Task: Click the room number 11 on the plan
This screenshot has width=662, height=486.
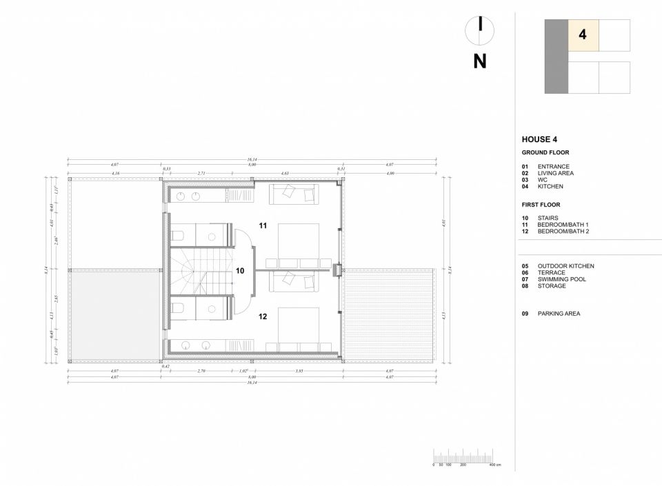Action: [x=263, y=225]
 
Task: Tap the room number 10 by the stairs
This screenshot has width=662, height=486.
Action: [x=240, y=271]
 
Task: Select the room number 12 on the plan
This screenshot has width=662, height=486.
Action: [x=263, y=316]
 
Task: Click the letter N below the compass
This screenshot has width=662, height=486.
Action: [x=480, y=61]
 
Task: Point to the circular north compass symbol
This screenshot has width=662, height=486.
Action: [x=480, y=28]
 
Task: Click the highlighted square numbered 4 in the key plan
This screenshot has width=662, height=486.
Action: [x=583, y=35]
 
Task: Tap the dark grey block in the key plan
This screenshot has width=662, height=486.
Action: [x=556, y=57]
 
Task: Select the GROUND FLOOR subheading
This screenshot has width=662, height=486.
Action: [x=545, y=152]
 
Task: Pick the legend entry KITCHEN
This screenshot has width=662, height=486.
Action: [x=550, y=186]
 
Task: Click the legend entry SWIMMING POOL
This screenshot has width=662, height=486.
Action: [x=561, y=279]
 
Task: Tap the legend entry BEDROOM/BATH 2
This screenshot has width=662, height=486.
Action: [x=563, y=232]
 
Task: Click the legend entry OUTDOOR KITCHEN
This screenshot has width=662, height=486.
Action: [x=565, y=266]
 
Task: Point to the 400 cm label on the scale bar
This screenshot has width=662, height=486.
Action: [x=494, y=465]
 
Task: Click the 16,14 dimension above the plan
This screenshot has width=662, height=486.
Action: [x=252, y=159]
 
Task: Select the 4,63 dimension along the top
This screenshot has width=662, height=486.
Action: [x=284, y=173]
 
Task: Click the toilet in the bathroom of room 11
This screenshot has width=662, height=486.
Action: [x=177, y=234]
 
